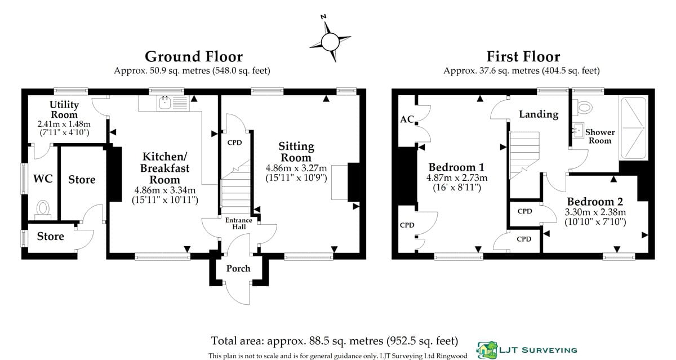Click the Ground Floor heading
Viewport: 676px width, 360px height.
point(194,56)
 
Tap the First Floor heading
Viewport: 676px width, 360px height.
point(523,56)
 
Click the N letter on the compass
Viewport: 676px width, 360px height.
point(323,16)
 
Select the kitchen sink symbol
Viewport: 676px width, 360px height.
point(173,103)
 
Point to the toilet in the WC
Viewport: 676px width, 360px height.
point(43,209)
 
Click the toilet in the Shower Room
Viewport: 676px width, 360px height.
point(582,108)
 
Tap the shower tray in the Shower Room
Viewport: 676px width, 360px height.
point(633,128)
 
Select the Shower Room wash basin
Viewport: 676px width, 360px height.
point(578,130)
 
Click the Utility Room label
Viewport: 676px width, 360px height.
point(64,109)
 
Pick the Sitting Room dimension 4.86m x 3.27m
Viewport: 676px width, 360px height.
point(296,168)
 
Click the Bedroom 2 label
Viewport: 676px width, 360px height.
point(595,201)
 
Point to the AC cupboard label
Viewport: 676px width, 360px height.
point(407,119)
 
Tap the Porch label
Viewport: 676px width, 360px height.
point(238,268)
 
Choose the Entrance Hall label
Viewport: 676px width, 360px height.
point(239,224)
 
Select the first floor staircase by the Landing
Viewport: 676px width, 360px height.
point(524,155)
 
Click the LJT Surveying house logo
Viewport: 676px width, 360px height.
point(487,350)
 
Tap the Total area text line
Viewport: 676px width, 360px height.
point(335,341)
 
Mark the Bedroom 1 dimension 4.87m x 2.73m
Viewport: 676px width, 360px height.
point(457,177)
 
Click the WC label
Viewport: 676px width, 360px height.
point(43,179)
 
